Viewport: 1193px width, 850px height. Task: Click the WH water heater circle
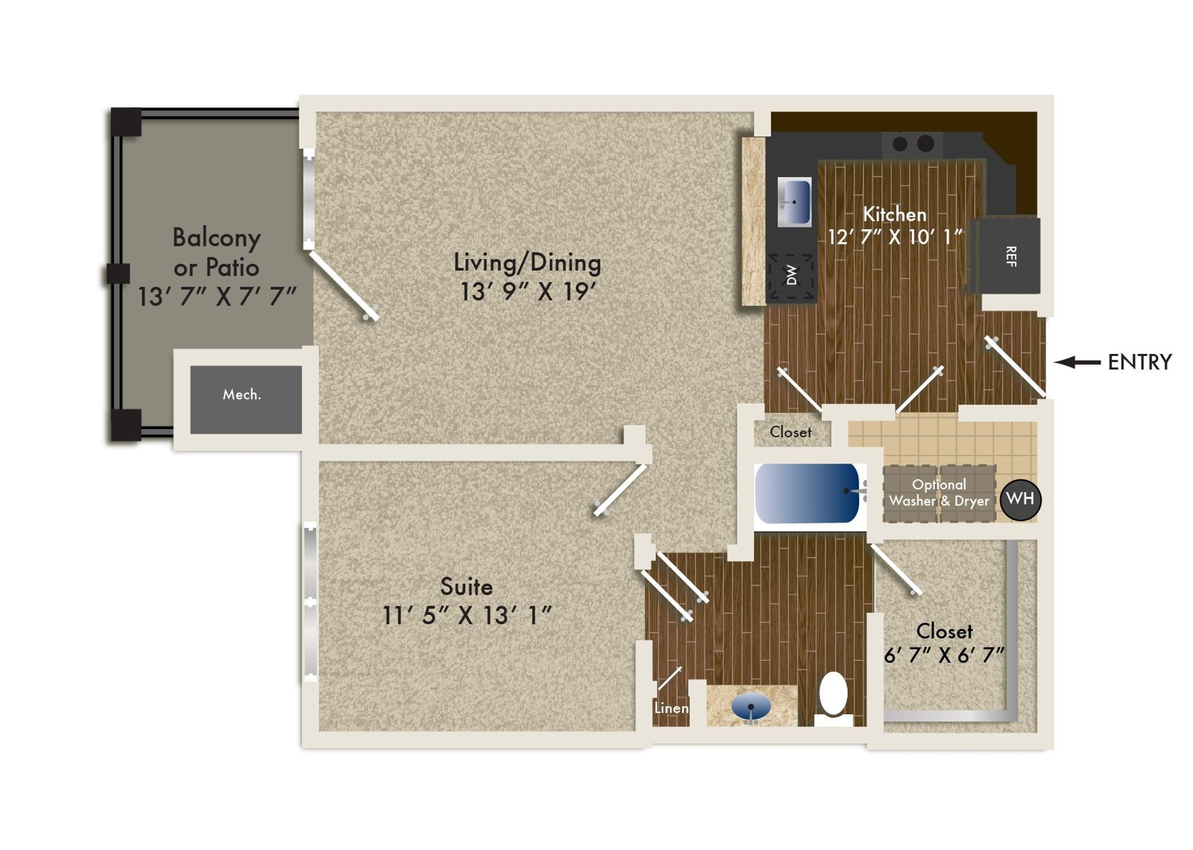[1021, 499]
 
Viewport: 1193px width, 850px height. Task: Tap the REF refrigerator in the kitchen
[1008, 256]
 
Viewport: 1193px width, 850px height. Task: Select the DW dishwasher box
[790, 276]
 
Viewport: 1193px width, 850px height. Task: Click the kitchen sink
[795, 202]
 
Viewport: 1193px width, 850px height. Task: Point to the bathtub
[808, 493]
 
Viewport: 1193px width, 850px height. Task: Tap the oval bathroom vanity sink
[751, 707]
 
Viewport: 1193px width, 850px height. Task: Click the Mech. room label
[242, 395]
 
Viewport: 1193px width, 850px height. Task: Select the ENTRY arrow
[1077, 362]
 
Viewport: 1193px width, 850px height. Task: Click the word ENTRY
[1139, 362]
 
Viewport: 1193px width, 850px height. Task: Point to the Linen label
[671, 708]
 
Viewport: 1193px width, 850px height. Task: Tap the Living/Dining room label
[527, 263]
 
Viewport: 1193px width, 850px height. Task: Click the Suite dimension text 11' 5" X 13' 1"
[467, 615]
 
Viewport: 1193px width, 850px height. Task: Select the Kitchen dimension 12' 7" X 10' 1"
[895, 237]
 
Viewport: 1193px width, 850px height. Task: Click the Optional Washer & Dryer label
[939, 493]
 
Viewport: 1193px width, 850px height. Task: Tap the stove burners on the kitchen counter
[913, 143]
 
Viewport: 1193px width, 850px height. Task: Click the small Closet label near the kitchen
[790, 432]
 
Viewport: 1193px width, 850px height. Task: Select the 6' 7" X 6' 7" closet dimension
[944, 656]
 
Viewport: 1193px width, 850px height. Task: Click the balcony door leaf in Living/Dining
[344, 285]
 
